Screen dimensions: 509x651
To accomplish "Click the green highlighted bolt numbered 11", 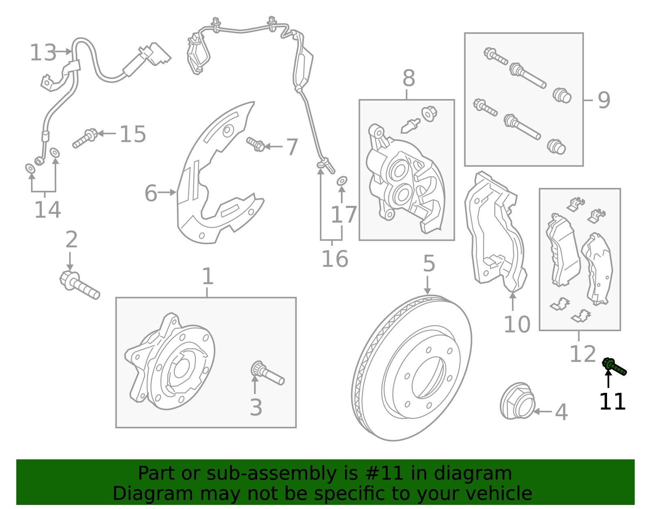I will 614,366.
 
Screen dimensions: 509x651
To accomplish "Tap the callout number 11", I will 612,402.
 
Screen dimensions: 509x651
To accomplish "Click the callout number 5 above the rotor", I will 429,264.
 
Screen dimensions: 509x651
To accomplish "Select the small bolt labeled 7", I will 256,144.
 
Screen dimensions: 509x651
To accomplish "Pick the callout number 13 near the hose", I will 43,53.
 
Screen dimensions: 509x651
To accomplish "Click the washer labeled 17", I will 342,180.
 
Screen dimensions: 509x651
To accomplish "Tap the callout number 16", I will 334,259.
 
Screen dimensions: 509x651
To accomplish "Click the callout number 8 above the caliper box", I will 409,78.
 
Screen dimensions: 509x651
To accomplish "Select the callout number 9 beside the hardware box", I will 604,100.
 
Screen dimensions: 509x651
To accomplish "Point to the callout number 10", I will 517,324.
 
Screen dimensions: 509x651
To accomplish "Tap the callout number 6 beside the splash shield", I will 151,193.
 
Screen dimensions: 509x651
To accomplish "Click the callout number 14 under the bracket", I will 47,210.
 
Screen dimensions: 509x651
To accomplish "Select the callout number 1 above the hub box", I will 208,277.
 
